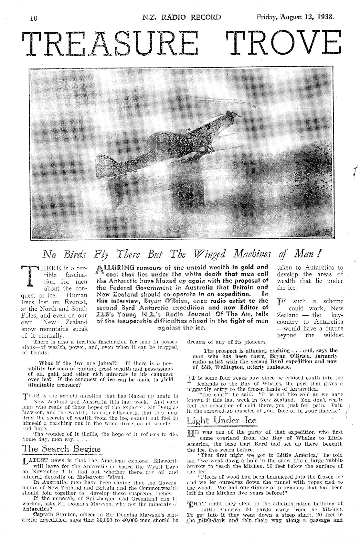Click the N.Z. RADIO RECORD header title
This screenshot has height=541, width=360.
[182, 17]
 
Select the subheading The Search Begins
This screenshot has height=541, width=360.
[61, 449]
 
